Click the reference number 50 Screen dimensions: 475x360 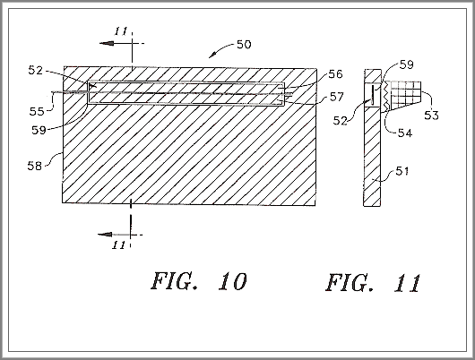[x=244, y=45]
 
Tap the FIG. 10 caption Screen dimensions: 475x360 [x=199, y=281]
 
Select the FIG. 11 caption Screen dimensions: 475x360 [x=373, y=283]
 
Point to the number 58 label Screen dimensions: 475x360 [x=35, y=166]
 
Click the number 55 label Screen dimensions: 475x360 [x=37, y=111]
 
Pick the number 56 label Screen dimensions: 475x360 [x=336, y=74]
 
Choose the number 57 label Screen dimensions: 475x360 [x=337, y=97]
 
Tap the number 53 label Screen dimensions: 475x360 [x=431, y=116]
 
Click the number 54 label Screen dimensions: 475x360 [x=405, y=133]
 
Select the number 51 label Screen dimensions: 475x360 [x=402, y=171]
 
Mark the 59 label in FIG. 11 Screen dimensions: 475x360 [x=407, y=64]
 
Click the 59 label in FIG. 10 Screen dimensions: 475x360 [x=39, y=130]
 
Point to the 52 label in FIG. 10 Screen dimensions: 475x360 [x=36, y=70]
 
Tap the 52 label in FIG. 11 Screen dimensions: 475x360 [x=341, y=121]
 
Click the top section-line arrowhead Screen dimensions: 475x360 [x=107, y=43]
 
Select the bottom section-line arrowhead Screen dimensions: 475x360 [x=105, y=235]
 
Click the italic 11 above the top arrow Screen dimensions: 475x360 [x=121, y=31]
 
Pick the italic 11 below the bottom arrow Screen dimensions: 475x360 [x=118, y=245]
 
